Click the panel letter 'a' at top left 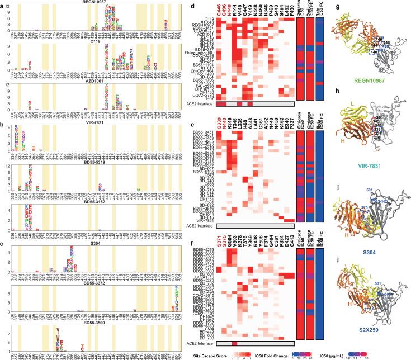(x=3, y=4)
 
